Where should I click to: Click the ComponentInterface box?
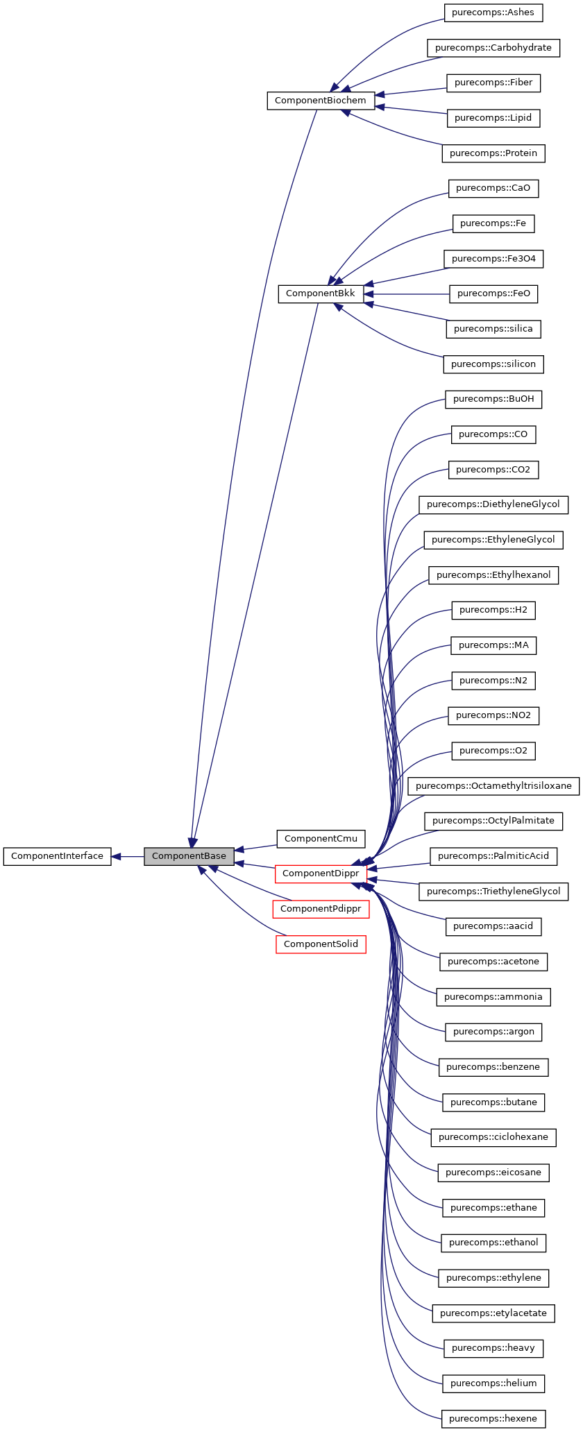[x=57, y=856]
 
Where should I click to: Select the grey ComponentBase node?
[x=189, y=856]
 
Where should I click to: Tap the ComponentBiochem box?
[x=321, y=101]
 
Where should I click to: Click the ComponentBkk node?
[x=321, y=293]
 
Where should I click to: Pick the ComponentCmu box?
[x=321, y=839]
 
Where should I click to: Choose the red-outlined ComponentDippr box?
[x=321, y=873]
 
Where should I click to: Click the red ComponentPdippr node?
[x=321, y=909]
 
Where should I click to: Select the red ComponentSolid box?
[x=321, y=944]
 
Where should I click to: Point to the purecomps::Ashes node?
[x=493, y=12]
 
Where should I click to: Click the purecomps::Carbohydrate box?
[x=493, y=48]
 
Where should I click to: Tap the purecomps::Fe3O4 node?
[x=493, y=259]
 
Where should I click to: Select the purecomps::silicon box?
[x=493, y=364]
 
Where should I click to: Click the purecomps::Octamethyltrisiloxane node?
[x=493, y=786]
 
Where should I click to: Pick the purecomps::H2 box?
[x=493, y=610]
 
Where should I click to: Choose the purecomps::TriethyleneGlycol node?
[x=493, y=892]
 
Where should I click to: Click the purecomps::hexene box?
[x=493, y=1419]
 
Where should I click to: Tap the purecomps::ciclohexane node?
[x=493, y=1137]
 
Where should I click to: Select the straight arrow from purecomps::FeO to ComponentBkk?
[x=409, y=293]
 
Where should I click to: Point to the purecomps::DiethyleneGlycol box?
[x=493, y=504]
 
